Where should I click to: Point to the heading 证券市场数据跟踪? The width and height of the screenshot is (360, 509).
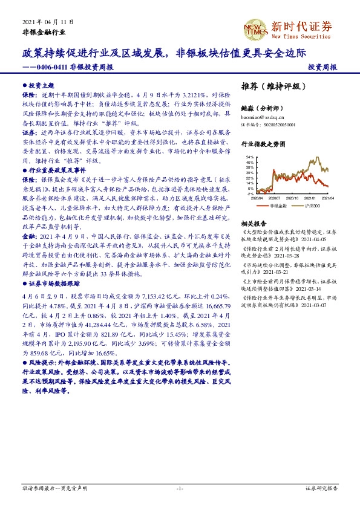[52, 282]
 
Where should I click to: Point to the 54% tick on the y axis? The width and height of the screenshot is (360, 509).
[249, 157]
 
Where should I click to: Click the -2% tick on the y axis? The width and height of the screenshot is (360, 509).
[250, 194]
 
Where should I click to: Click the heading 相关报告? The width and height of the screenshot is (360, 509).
[254, 222]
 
